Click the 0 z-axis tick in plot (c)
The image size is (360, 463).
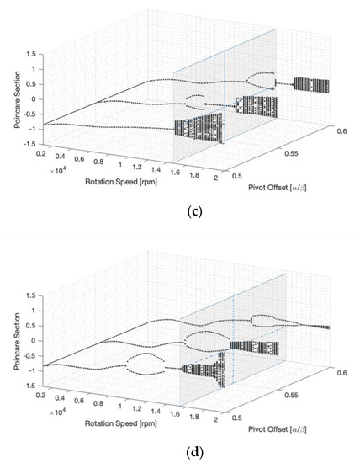[30, 98]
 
